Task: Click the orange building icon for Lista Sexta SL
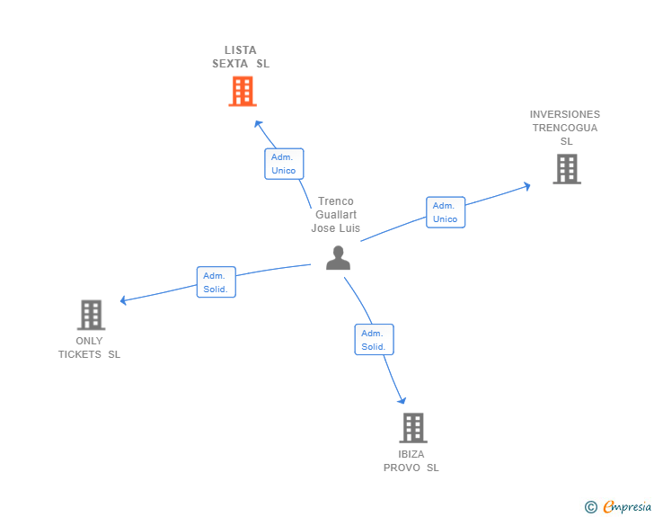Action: [x=243, y=91]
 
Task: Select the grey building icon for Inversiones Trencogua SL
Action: [x=566, y=168]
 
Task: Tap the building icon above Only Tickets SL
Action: [x=91, y=315]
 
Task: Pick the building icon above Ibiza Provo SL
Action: [x=412, y=427]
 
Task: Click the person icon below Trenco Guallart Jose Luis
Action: [x=338, y=258]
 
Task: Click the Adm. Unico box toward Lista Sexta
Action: [x=284, y=164]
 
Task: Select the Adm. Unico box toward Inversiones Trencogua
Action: [x=446, y=212]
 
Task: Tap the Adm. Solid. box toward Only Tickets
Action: [x=216, y=282]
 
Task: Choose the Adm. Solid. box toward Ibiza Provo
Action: [x=374, y=339]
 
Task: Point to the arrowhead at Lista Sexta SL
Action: [x=258, y=124]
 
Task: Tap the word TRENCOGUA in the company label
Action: [x=565, y=128]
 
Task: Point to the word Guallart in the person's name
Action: [x=336, y=215]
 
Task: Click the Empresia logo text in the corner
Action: [x=627, y=507]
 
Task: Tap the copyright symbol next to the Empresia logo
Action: [x=590, y=507]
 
